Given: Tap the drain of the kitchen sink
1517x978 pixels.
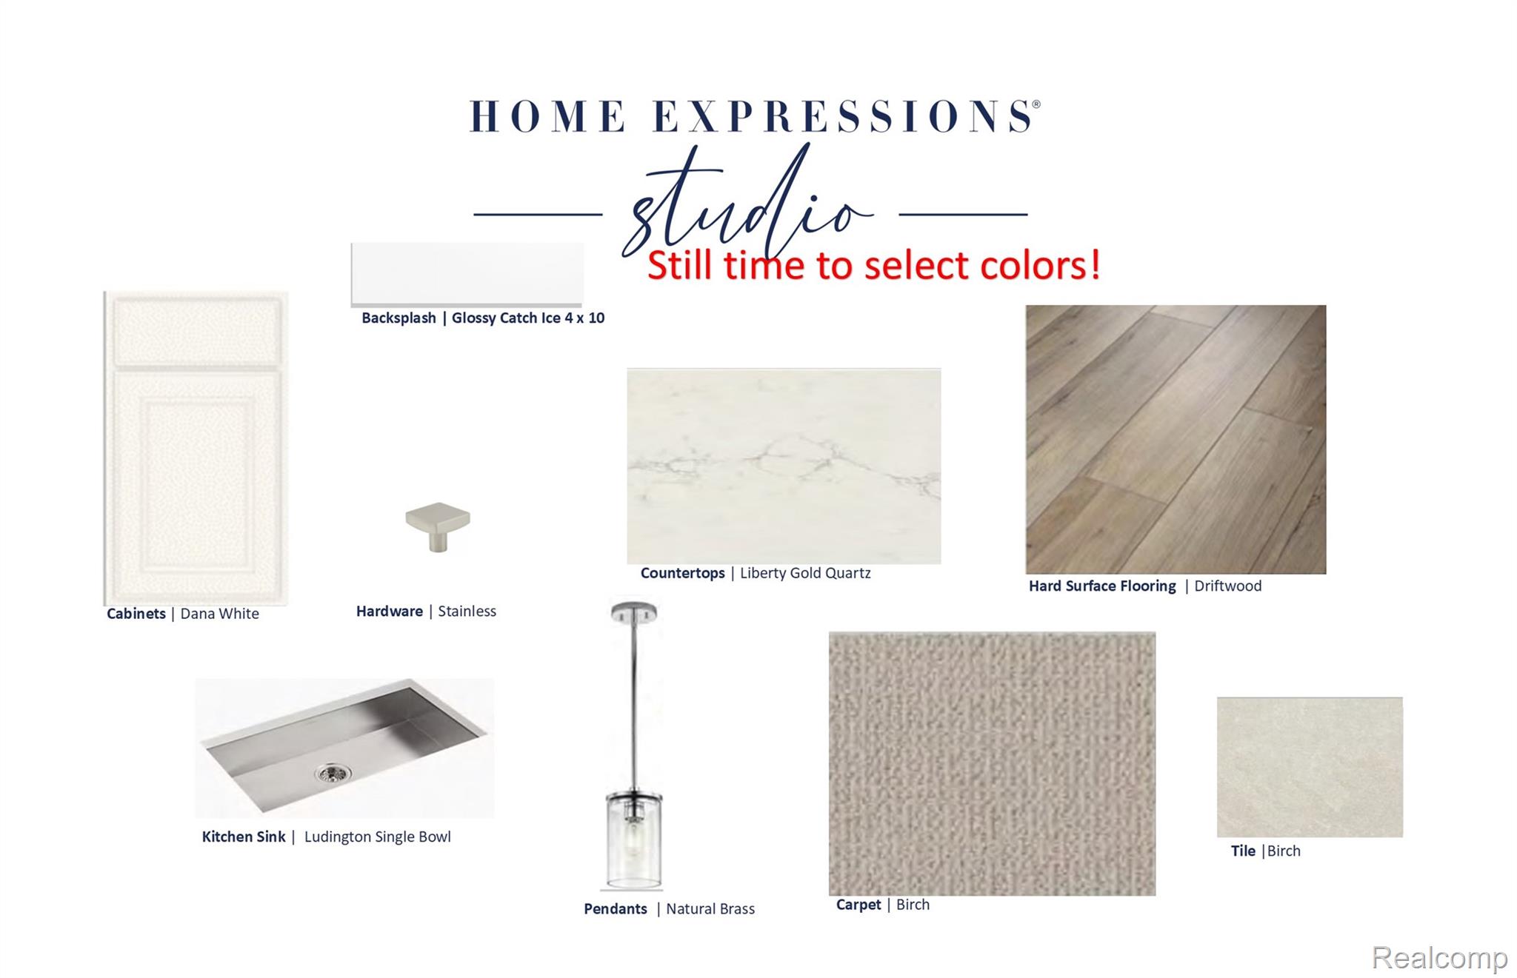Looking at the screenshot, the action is (333, 774).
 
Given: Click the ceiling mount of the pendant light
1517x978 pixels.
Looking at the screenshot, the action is (634, 612).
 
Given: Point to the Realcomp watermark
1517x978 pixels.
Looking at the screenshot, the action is (1439, 957).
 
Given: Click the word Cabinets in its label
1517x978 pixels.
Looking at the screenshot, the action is (136, 614).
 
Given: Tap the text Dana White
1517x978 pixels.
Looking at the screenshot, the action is (220, 614).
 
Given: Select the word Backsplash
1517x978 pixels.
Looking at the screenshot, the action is (399, 318).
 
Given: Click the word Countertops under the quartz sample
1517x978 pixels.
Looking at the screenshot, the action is (683, 573).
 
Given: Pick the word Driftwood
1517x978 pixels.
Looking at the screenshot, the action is (1228, 586).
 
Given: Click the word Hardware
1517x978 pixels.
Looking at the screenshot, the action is (390, 611).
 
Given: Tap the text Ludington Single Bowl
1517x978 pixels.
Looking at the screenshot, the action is (378, 837).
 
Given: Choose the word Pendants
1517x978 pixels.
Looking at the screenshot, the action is (616, 908).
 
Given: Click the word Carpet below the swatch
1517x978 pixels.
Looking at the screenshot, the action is (858, 905).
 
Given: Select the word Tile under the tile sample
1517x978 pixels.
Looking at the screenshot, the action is (1243, 851).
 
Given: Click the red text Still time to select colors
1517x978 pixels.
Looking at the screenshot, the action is (874, 265).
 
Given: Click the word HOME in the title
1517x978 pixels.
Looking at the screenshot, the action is (549, 116).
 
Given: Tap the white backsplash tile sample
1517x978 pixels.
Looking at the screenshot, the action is (467, 274).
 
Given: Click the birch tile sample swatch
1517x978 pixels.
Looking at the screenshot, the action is (1310, 767).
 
